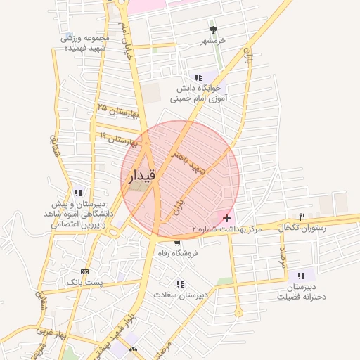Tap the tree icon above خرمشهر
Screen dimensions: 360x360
tap(213, 30)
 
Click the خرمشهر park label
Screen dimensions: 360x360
tap(213, 41)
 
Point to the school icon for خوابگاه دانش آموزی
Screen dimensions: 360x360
tap(198, 77)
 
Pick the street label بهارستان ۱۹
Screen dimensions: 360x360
tap(117, 138)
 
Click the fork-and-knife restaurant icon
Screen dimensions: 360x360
tap(302, 217)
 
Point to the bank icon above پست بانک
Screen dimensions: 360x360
tap(85, 271)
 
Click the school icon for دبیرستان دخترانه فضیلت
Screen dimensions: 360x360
tap(302, 276)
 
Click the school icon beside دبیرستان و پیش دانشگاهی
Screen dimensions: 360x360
tap(77, 193)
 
